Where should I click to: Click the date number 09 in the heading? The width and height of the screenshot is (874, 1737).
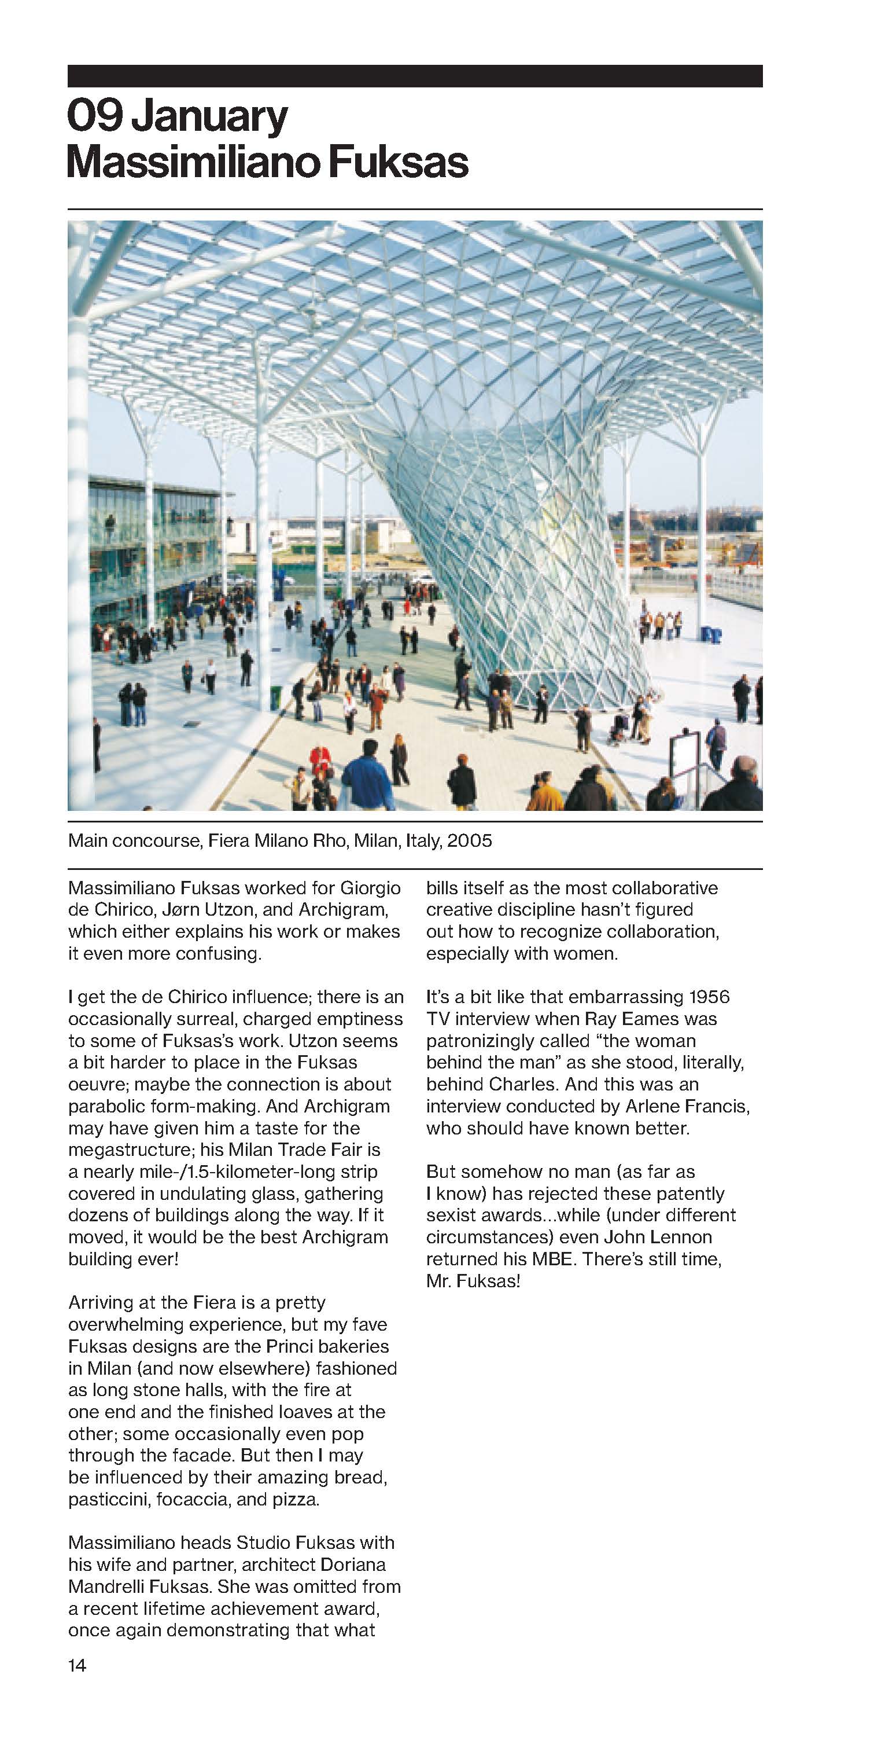[x=94, y=117]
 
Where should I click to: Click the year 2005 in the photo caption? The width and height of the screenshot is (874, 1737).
[x=469, y=840]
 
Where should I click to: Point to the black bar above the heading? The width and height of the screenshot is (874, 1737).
[x=414, y=75]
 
